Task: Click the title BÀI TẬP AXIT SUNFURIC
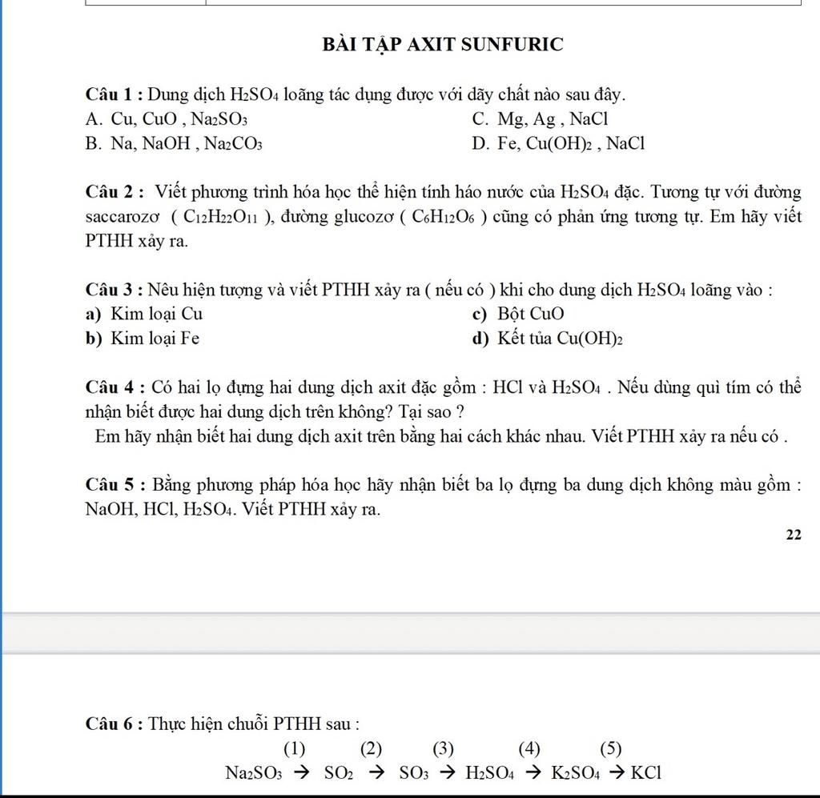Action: pyautogui.click(x=443, y=45)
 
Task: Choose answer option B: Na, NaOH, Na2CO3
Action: pyautogui.click(x=174, y=144)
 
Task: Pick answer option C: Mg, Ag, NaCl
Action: pyautogui.click(x=541, y=119)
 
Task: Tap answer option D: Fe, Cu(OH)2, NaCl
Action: pyautogui.click(x=558, y=144)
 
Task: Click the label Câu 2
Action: pyautogui.click(x=115, y=192)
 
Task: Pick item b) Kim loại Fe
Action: pyautogui.click(x=143, y=339)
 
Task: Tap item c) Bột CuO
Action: pyautogui.click(x=518, y=314)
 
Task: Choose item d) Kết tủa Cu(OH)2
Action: pyautogui.click(x=548, y=339)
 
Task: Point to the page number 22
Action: pyautogui.click(x=794, y=535)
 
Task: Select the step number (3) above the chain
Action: pyautogui.click(x=443, y=749)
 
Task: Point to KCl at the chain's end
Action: pyautogui.click(x=646, y=773)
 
